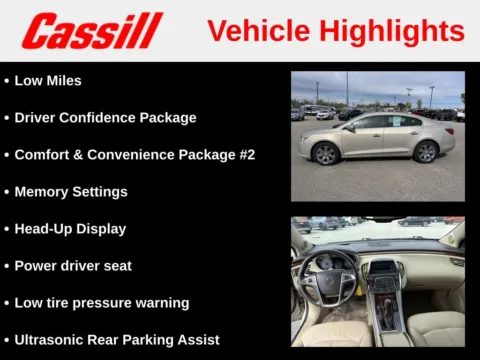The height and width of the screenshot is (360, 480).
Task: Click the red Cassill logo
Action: point(91,30)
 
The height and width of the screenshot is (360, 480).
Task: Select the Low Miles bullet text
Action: point(48,80)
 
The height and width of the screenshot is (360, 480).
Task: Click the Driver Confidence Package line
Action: point(105,117)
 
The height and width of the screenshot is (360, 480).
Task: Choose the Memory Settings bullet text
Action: point(71,191)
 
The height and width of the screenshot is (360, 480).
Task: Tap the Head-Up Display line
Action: point(70,228)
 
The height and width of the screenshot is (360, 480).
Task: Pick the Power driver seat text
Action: point(73,265)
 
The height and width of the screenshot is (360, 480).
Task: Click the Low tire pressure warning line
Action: point(101,302)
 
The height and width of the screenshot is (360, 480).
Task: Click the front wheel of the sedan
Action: point(326,153)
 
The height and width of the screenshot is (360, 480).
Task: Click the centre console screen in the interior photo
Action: point(384,267)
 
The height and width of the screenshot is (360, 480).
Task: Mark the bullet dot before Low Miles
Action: point(6,80)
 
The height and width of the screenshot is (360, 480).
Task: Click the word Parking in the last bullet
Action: point(164,339)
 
